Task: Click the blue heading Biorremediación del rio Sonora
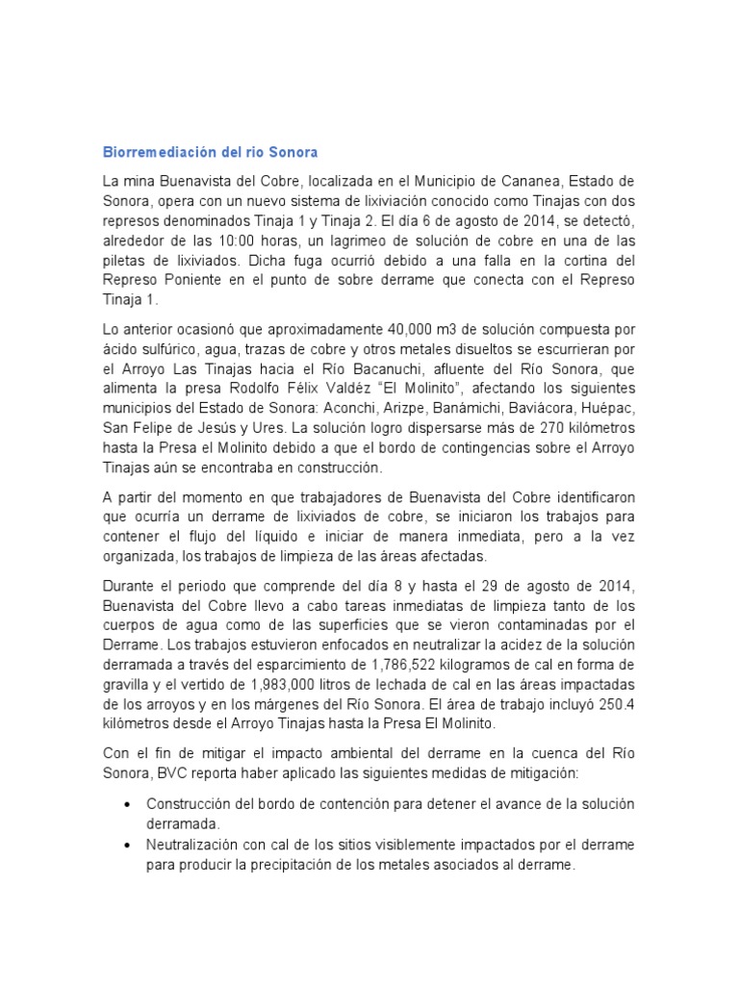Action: [210, 153]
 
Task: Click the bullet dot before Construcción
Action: [128, 804]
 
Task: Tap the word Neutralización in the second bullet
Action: [197, 845]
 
